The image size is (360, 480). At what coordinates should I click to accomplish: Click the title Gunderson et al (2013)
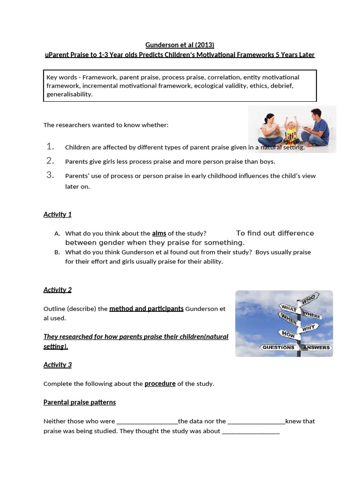(180, 45)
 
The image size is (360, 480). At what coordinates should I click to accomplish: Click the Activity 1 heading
(57, 214)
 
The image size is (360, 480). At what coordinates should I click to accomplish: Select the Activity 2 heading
(57, 290)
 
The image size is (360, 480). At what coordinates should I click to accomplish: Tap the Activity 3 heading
(57, 365)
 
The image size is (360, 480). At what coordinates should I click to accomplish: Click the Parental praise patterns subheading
(79, 402)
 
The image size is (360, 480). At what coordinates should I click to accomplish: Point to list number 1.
(51, 147)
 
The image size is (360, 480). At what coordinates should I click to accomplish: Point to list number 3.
(51, 175)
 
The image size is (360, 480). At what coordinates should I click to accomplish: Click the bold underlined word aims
(159, 233)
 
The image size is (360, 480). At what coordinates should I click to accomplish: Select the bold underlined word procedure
(160, 383)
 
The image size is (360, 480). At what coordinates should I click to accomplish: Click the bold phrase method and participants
(146, 308)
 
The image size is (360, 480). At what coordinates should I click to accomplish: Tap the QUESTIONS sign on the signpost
(278, 347)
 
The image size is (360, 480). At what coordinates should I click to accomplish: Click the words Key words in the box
(60, 77)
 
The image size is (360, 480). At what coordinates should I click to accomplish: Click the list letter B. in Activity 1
(57, 252)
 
